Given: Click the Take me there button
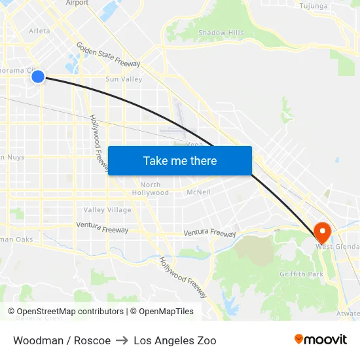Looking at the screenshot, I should [180, 160].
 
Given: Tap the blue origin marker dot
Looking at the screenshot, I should [38, 77].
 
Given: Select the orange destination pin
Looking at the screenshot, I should [322, 232].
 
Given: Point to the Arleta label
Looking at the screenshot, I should [39, 31].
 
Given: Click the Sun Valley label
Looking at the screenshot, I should [124, 79].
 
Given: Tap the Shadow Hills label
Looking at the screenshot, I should [221, 33].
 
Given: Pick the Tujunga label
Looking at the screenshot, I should [313, 6].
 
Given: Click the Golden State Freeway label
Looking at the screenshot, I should [108, 56].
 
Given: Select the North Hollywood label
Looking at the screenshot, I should [150, 189].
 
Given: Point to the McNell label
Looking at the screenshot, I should [198, 192].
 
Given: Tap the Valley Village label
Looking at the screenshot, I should [107, 210].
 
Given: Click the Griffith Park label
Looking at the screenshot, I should [301, 274].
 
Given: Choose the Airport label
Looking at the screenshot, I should [77, 3].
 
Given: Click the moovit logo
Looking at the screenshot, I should [321, 339].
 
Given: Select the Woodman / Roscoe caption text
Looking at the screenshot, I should [62, 340].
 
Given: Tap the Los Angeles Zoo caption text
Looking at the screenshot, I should [175, 340].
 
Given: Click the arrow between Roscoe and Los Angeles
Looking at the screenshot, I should [122, 340].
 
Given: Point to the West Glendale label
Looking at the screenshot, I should [338, 247].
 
